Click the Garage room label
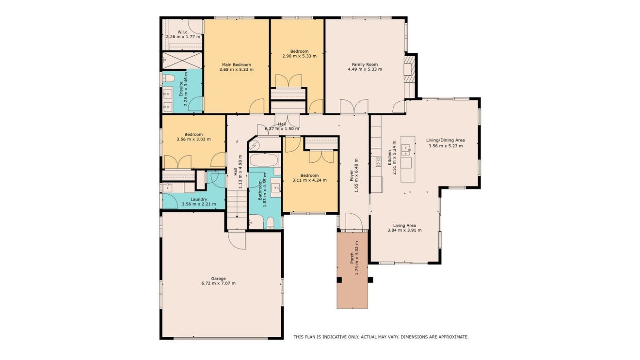point(218,278)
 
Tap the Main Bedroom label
point(237,64)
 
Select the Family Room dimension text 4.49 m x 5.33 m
point(365,69)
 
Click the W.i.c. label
point(183,32)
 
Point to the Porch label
point(352,258)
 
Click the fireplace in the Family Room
point(409,69)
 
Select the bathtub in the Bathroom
point(264,160)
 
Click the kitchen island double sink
point(406,150)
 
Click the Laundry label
point(199,199)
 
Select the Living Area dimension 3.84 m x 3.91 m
point(404,230)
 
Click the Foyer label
point(352,175)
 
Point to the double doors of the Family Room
point(354,106)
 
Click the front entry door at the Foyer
point(354,221)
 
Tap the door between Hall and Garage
point(237,240)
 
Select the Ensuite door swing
point(196,104)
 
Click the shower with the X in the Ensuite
point(182,61)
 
